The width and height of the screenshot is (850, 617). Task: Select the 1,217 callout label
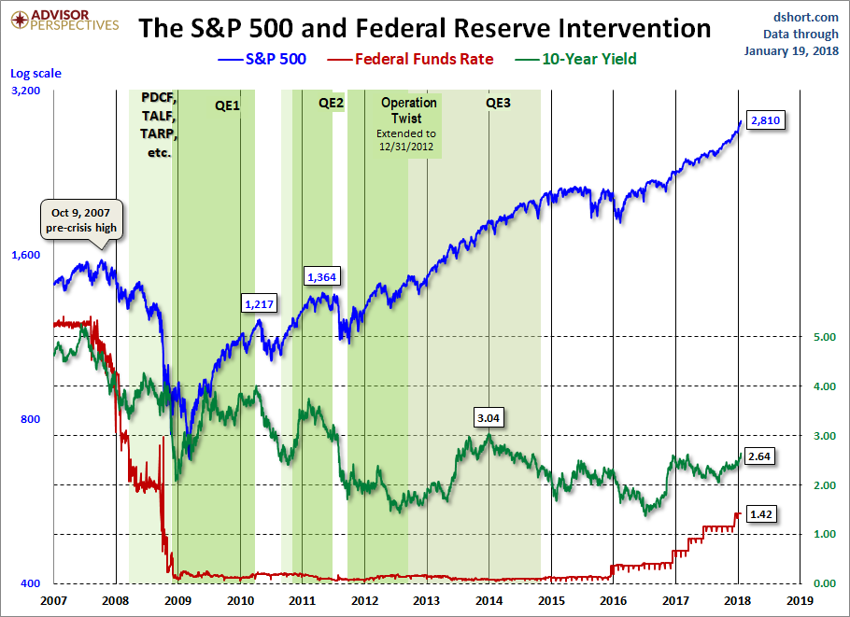[260, 303]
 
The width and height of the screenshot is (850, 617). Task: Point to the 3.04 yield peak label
[488, 418]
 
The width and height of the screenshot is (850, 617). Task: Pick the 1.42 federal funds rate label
[764, 514]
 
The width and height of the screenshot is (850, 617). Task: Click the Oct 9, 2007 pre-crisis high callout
[81, 218]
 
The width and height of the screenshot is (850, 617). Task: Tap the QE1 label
[227, 105]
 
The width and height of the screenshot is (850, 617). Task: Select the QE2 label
[332, 104]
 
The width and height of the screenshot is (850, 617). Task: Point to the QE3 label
[499, 104]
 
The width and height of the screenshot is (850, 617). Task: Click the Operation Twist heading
[409, 111]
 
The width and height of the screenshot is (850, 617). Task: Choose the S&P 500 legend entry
[262, 59]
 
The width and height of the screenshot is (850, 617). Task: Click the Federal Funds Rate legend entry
[424, 59]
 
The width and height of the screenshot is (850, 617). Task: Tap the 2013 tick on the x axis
[427, 600]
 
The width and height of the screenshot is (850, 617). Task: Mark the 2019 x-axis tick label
[800, 600]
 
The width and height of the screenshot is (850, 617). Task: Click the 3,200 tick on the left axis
[27, 91]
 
